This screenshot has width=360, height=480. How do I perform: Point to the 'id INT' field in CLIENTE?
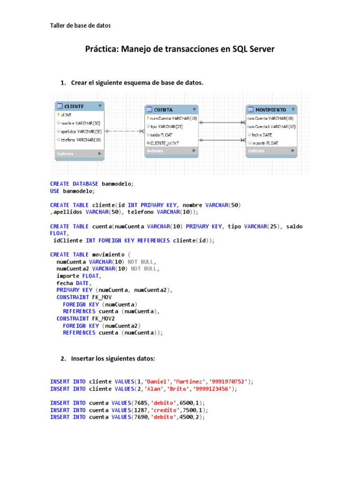[66, 114]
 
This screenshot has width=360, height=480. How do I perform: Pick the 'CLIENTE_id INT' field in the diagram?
[164, 142]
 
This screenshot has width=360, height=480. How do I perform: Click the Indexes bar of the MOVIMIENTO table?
[271, 151]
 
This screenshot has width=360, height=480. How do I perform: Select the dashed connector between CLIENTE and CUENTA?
[124, 131]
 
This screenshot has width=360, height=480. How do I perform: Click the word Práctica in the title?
[102, 49]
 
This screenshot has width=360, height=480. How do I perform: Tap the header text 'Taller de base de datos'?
[80, 26]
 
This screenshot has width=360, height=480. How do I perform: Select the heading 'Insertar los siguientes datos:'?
[112, 359]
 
